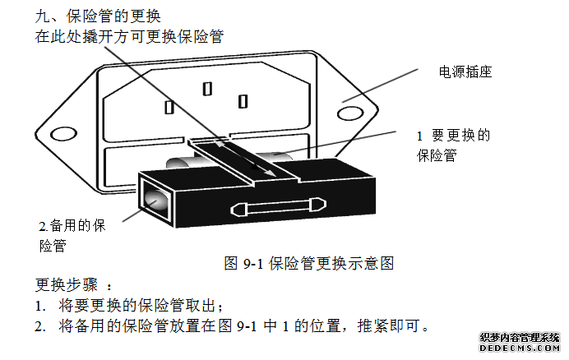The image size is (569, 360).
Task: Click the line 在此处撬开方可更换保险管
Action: [130, 36]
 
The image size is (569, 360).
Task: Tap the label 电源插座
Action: [465, 72]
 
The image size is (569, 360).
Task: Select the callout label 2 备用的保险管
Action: [72, 234]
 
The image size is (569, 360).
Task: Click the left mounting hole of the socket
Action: [61, 132]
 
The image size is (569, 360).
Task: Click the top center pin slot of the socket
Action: [206, 87]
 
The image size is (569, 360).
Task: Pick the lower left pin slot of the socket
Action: [169, 108]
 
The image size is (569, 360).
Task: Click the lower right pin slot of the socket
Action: [242, 101]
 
